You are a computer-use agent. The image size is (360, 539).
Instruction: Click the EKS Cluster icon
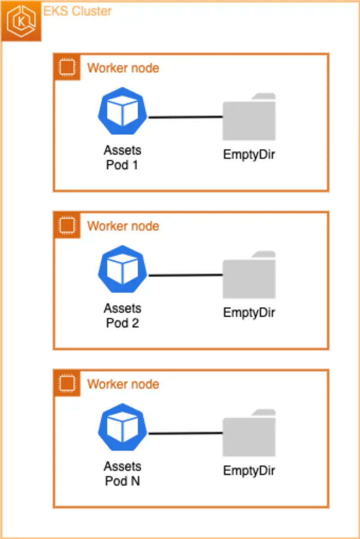click(x=21, y=21)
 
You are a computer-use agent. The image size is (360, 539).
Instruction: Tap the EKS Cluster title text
click(x=77, y=11)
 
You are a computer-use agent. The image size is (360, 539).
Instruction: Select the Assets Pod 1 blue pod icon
click(x=123, y=111)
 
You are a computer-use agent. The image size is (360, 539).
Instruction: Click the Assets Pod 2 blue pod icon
click(x=123, y=269)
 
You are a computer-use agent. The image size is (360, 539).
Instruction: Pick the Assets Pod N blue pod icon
click(x=123, y=427)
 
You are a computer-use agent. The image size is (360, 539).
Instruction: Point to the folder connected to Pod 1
click(x=249, y=118)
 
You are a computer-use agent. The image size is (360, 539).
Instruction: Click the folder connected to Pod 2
click(x=249, y=276)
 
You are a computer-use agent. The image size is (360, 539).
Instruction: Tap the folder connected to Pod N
click(x=249, y=434)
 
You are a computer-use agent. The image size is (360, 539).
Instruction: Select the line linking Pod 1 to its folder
click(x=185, y=117)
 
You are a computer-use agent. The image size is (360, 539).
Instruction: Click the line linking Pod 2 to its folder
click(x=185, y=275)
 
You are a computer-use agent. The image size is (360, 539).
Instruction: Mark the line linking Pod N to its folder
click(x=185, y=434)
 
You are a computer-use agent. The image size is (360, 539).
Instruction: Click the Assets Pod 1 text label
click(x=122, y=157)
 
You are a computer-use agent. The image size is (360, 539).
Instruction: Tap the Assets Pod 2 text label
click(x=122, y=315)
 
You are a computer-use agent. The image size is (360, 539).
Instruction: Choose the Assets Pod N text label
click(x=122, y=473)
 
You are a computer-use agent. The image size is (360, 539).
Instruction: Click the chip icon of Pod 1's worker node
click(x=67, y=67)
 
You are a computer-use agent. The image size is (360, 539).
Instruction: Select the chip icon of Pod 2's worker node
click(x=67, y=225)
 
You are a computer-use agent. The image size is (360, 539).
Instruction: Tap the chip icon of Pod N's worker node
click(x=67, y=383)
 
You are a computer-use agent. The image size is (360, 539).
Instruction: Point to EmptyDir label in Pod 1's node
click(x=249, y=154)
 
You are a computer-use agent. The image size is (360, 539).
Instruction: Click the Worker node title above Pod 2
click(x=123, y=225)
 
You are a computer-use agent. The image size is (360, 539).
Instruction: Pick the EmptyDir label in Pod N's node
click(x=249, y=471)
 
